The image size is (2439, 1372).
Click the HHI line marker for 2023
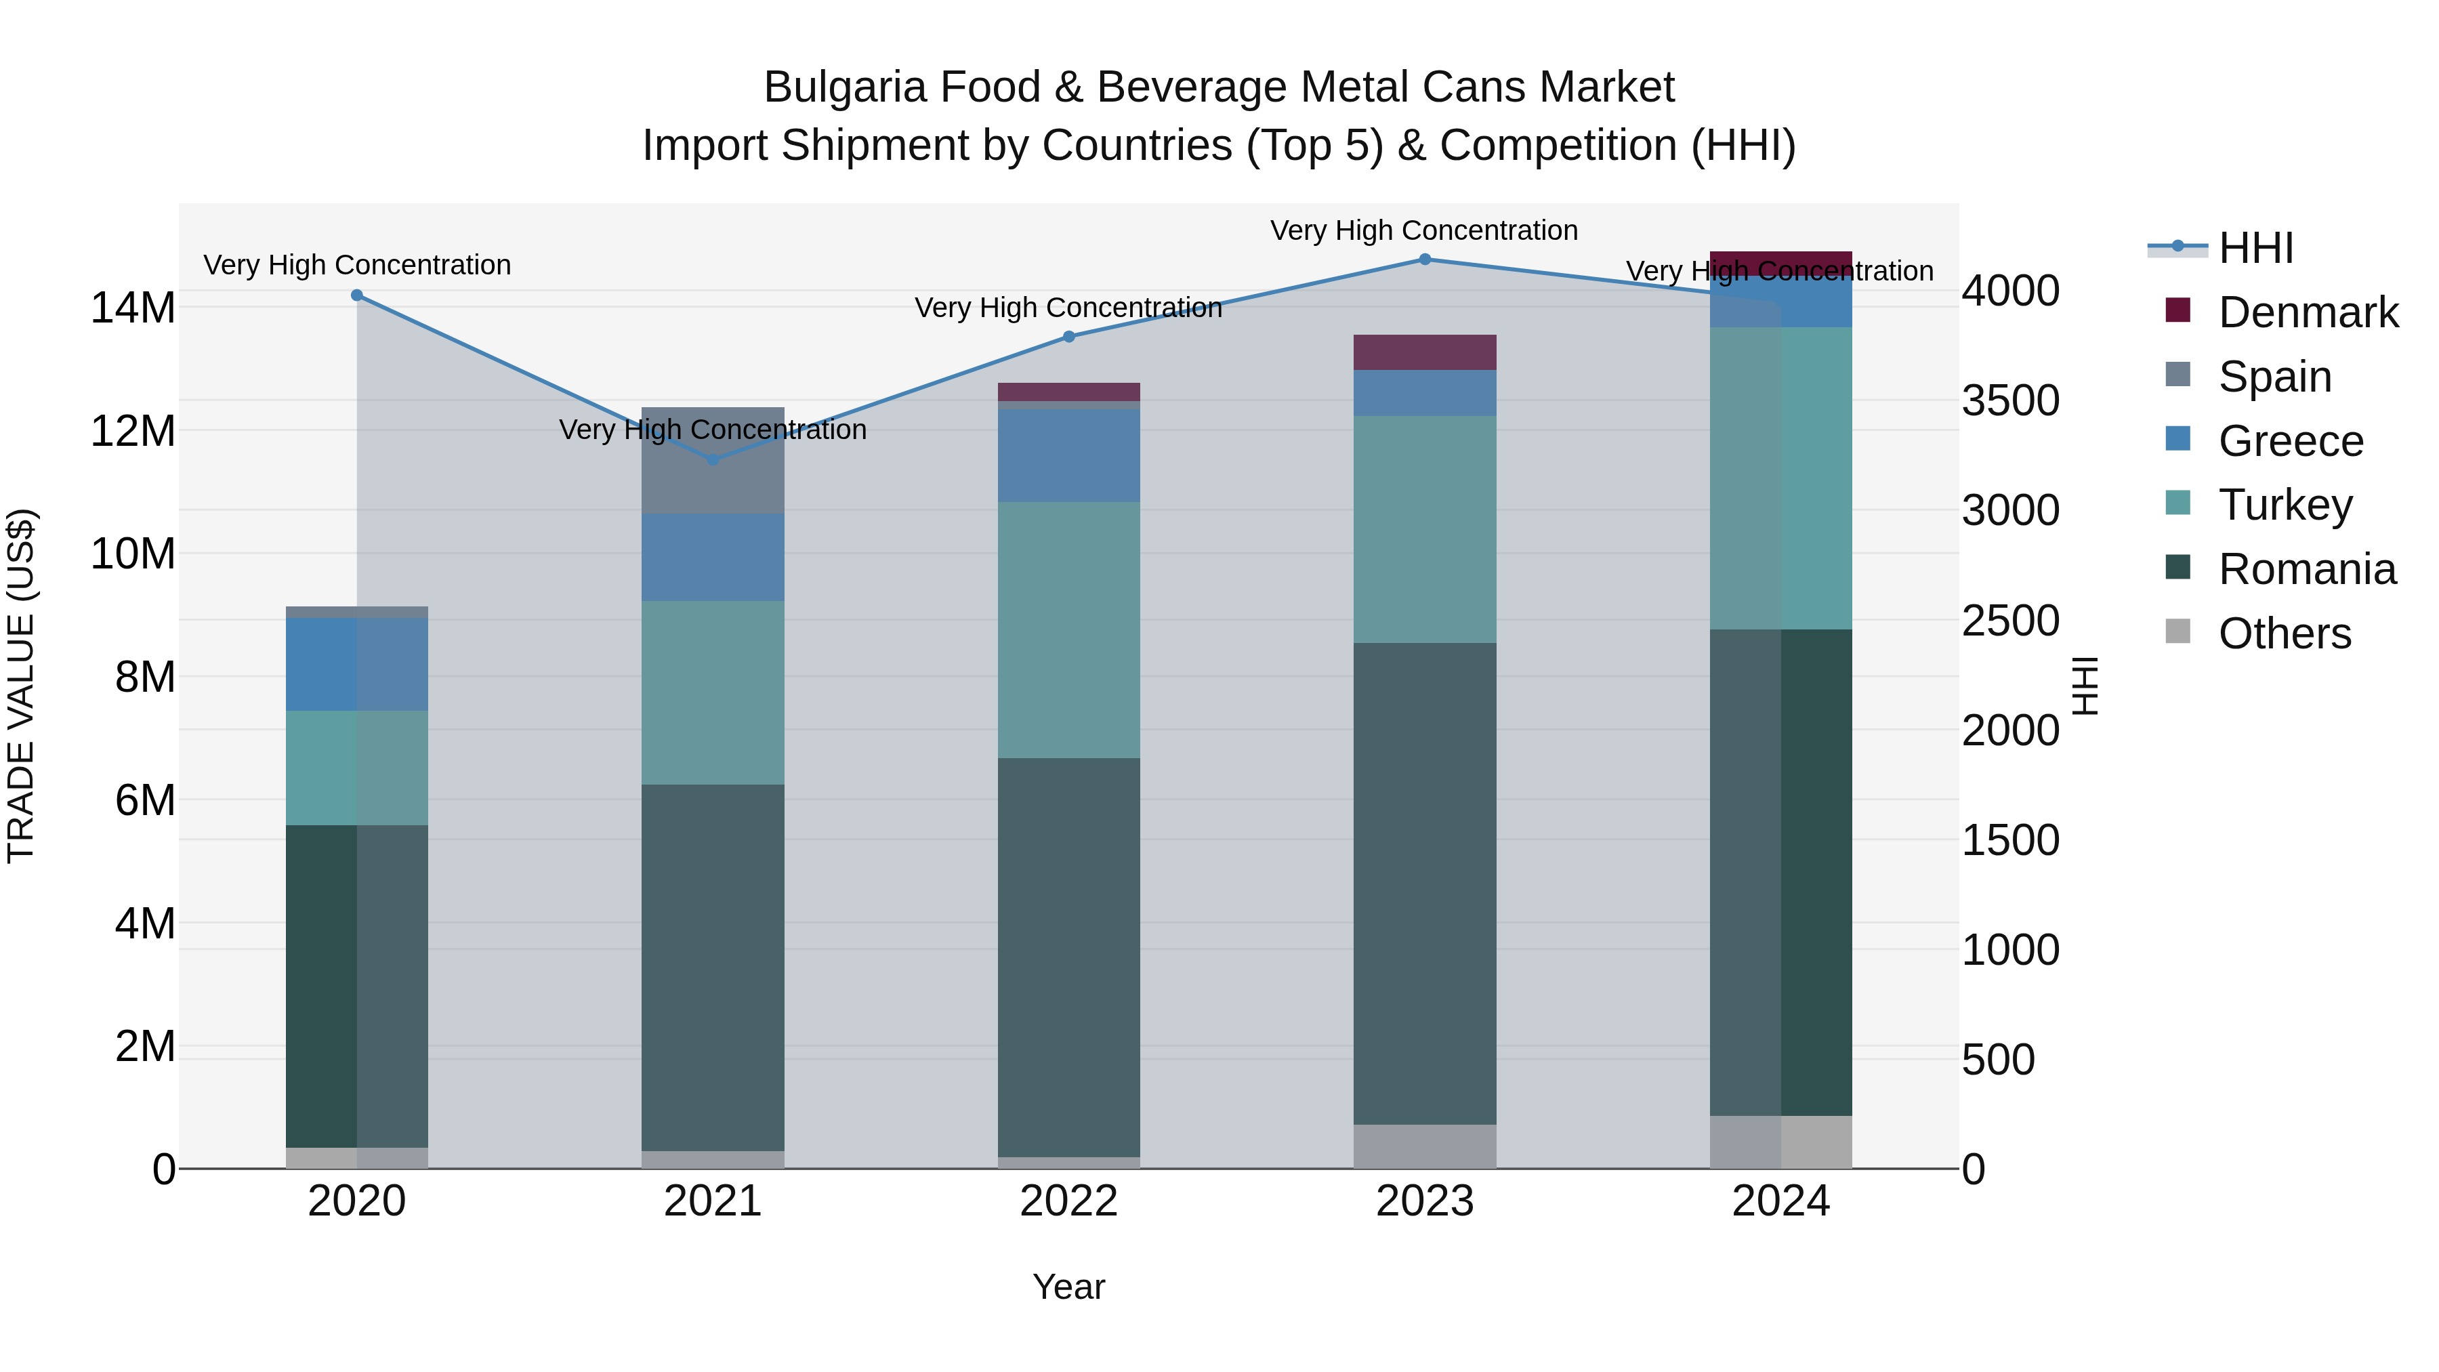pyautogui.click(x=1424, y=259)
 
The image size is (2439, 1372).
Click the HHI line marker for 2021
pyautogui.click(x=713, y=460)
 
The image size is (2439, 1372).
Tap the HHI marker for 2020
pyautogui.click(x=357, y=295)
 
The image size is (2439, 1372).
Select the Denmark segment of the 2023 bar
pyautogui.click(x=1424, y=352)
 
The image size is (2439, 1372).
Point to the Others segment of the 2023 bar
pyautogui.click(x=1424, y=1146)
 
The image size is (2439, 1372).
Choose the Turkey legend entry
pyautogui.click(x=2285, y=505)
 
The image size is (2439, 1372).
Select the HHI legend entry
pyautogui.click(x=2255, y=248)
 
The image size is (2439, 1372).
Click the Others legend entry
pyautogui.click(x=2284, y=633)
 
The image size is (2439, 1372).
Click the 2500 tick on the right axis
pyautogui.click(x=2009, y=621)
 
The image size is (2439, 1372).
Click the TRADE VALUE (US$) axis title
pyautogui.click(x=22, y=686)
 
